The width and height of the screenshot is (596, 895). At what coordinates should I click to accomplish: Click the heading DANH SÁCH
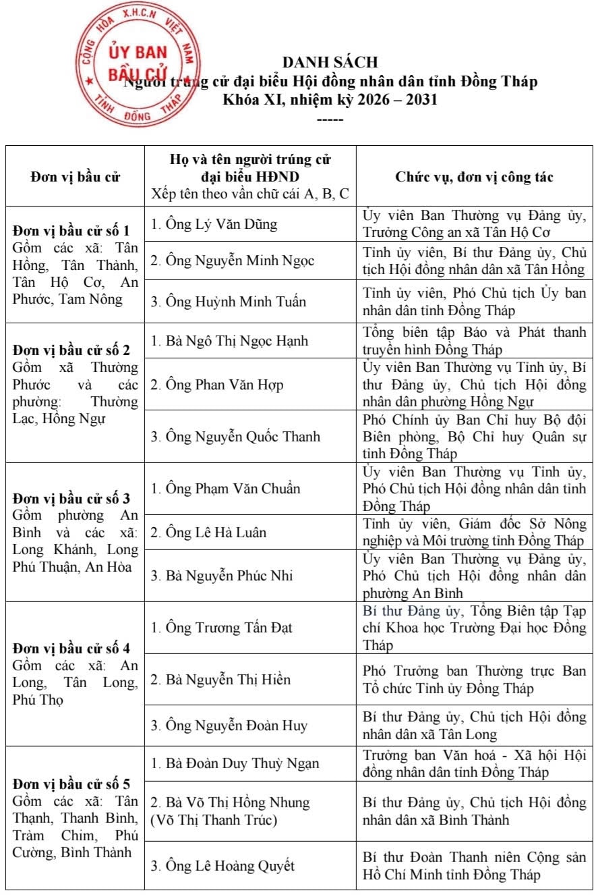tap(330, 63)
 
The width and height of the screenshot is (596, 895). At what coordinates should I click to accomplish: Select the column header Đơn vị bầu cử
tap(76, 178)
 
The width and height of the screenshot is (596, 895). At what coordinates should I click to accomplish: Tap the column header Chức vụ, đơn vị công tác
tap(475, 178)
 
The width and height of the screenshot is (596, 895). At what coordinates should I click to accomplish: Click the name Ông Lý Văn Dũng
tap(213, 224)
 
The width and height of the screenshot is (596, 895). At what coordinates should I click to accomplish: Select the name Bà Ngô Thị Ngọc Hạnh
tap(229, 341)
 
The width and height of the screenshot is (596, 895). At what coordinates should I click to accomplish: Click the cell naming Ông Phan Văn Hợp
tap(216, 385)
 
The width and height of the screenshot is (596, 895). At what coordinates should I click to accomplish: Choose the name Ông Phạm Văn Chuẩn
tap(225, 488)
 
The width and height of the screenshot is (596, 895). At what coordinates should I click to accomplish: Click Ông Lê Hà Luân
tap(208, 533)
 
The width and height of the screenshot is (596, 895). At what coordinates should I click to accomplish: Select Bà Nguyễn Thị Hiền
tap(220, 679)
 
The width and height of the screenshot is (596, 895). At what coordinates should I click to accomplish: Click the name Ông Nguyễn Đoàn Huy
tap(229, 726)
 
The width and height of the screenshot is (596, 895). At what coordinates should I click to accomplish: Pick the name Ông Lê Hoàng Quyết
tap(222, 866)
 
